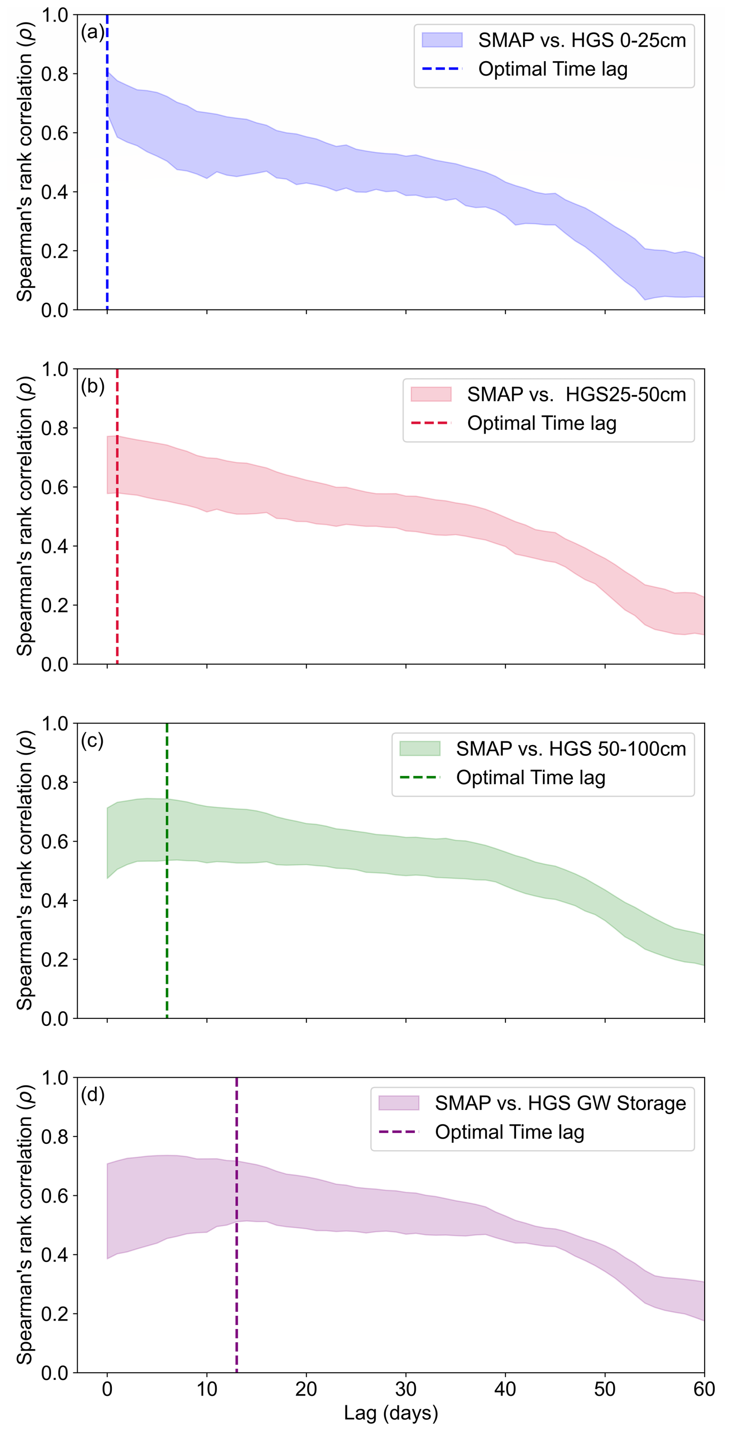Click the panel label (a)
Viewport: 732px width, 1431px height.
(x=92, y=32)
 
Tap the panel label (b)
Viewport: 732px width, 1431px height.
(x=92, y=386)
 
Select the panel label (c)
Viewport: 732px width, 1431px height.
(x=92, y=741)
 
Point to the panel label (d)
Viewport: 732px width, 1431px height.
(x=92, y=1095)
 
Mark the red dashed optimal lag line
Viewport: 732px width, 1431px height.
(x=117, y=556)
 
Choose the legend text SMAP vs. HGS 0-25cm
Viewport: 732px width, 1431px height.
(x=582, y=40)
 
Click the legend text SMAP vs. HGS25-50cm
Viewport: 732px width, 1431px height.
(x=576, y=394)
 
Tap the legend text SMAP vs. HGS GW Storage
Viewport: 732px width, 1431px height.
(x=560, y=1103)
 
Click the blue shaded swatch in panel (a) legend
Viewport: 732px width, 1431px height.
(x=442, y=40)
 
